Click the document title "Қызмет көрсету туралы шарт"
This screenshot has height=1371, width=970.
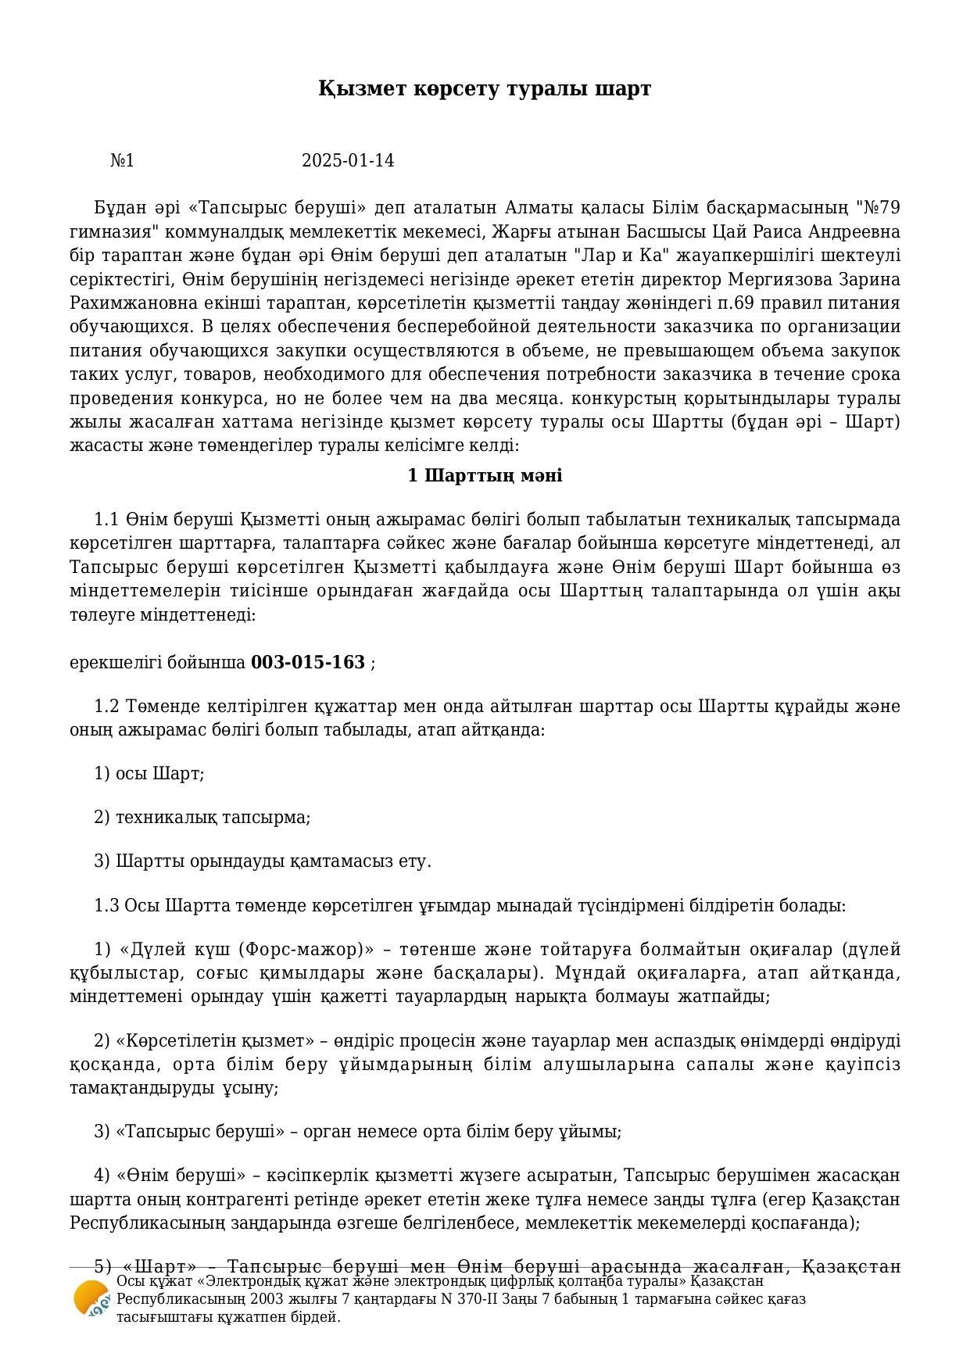click(485, 89)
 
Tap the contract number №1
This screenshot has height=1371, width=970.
click(122, 161)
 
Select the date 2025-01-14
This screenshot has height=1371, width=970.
click(348, 161)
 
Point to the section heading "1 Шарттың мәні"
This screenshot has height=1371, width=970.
click(485, 476)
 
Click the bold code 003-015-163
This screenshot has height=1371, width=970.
click(308, 663)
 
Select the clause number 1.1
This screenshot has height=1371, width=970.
click(106, 520)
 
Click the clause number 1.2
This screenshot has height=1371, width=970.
click(106, 707)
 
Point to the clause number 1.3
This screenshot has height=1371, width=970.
click(106, 906)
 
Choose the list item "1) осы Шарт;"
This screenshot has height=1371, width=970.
click(149, 774)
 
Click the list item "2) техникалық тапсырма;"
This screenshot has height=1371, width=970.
click(202, 818)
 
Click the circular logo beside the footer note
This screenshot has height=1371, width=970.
click(91, 1298)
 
